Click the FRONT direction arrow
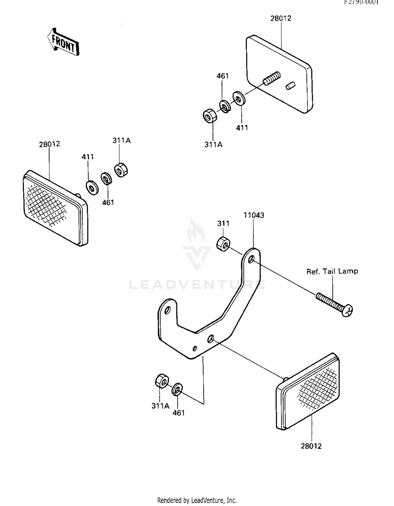coord(63,42)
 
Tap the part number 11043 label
coord(253,215)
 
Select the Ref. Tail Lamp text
coord(332,271)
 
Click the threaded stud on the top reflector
coord(272,78)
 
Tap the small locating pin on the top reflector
coord(290,86)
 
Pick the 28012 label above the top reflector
coord(281,18)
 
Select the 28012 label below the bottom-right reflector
coord(311,446)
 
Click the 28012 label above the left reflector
coord(49,144)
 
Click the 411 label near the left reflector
coord(88,157)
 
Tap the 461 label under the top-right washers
coord(222,76)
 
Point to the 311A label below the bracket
coord(160,406)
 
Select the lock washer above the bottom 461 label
coord(177,389)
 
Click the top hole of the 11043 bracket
coord(251,259)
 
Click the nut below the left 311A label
coord(121,170)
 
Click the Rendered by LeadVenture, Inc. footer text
coord(197,500)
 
